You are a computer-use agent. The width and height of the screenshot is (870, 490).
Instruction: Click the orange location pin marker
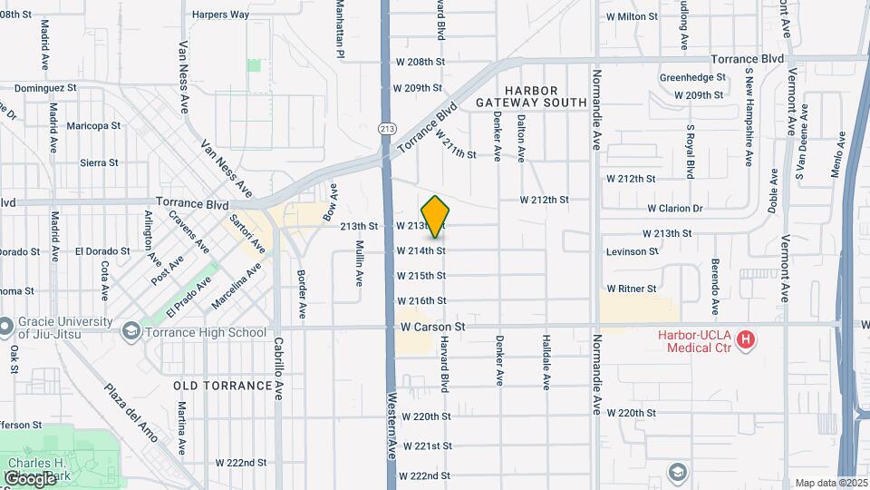coord(436,216)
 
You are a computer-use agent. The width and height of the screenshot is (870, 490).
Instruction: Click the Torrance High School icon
coord(131,333)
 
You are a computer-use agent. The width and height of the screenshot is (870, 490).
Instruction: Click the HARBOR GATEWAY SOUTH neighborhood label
coord(532,96)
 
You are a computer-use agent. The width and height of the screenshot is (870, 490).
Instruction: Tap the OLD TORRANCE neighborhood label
coord(223,386)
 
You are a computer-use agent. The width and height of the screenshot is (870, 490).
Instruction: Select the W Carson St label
coord(432,326)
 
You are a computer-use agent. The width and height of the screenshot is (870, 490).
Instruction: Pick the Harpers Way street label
coord(221,15)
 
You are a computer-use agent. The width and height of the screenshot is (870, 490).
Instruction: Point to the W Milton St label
coord(632,16)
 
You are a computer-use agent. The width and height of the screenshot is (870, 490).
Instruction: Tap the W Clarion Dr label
coord(672,209)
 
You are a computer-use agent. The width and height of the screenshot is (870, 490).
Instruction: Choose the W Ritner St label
coord(632,289)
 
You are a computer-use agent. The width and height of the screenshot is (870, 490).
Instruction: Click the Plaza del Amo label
coord(129,413)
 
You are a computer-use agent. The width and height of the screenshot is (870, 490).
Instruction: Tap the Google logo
coord(29,478)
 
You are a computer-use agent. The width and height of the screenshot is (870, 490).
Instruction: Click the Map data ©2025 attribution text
coord(830,483)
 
